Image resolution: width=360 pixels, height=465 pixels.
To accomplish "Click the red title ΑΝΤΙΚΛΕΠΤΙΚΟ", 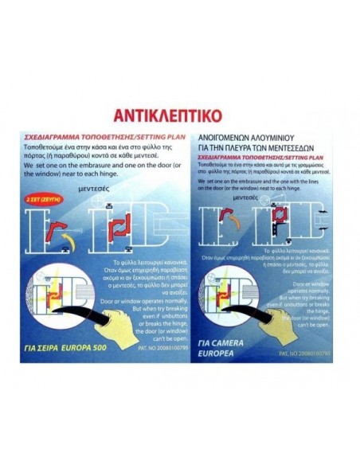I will click(x=180, y=109).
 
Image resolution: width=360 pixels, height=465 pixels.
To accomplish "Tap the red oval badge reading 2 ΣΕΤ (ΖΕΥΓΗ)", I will click(x=42, y=193).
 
